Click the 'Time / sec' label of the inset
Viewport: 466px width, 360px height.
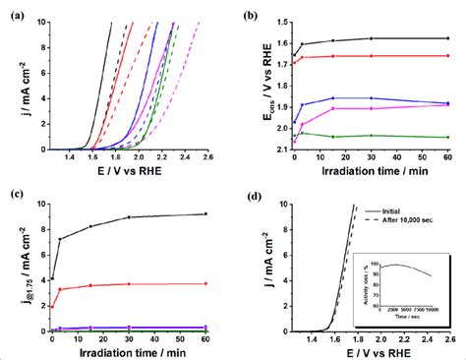(x=394, y=317)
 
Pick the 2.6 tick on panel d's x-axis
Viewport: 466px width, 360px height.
(x=449, y=339)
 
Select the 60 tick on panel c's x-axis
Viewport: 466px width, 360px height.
(x=204, y=337)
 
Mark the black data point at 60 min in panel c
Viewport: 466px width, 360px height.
(x=204, y=213)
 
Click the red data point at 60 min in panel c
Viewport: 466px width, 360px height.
(x=204, y=283)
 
